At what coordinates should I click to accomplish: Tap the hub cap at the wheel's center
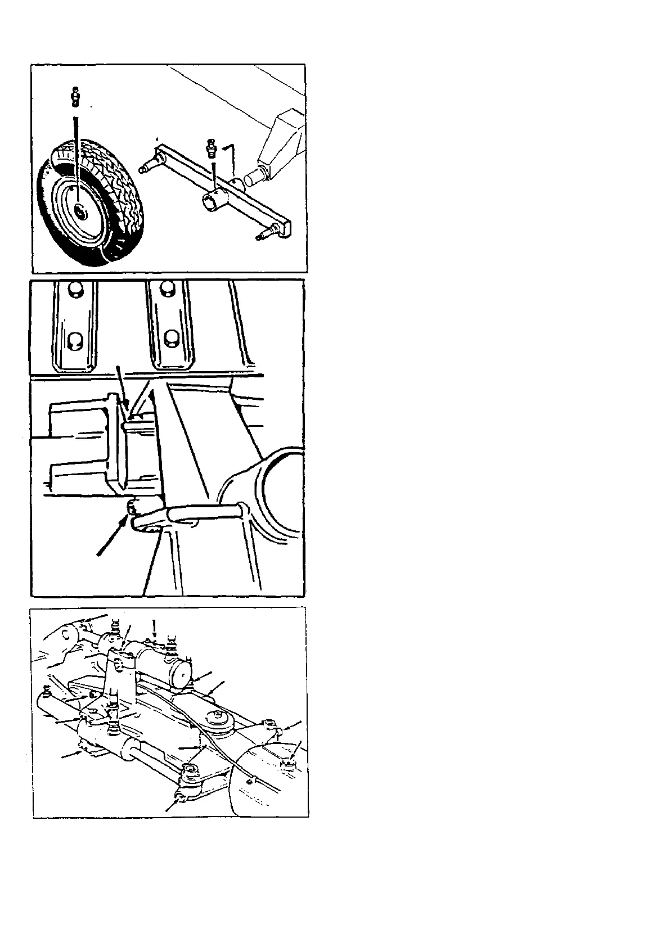point(80,213)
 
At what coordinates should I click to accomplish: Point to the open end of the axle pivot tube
point(210,202)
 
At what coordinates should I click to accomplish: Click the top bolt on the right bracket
point(167,289)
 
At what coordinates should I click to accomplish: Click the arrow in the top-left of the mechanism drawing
point(96,619)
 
